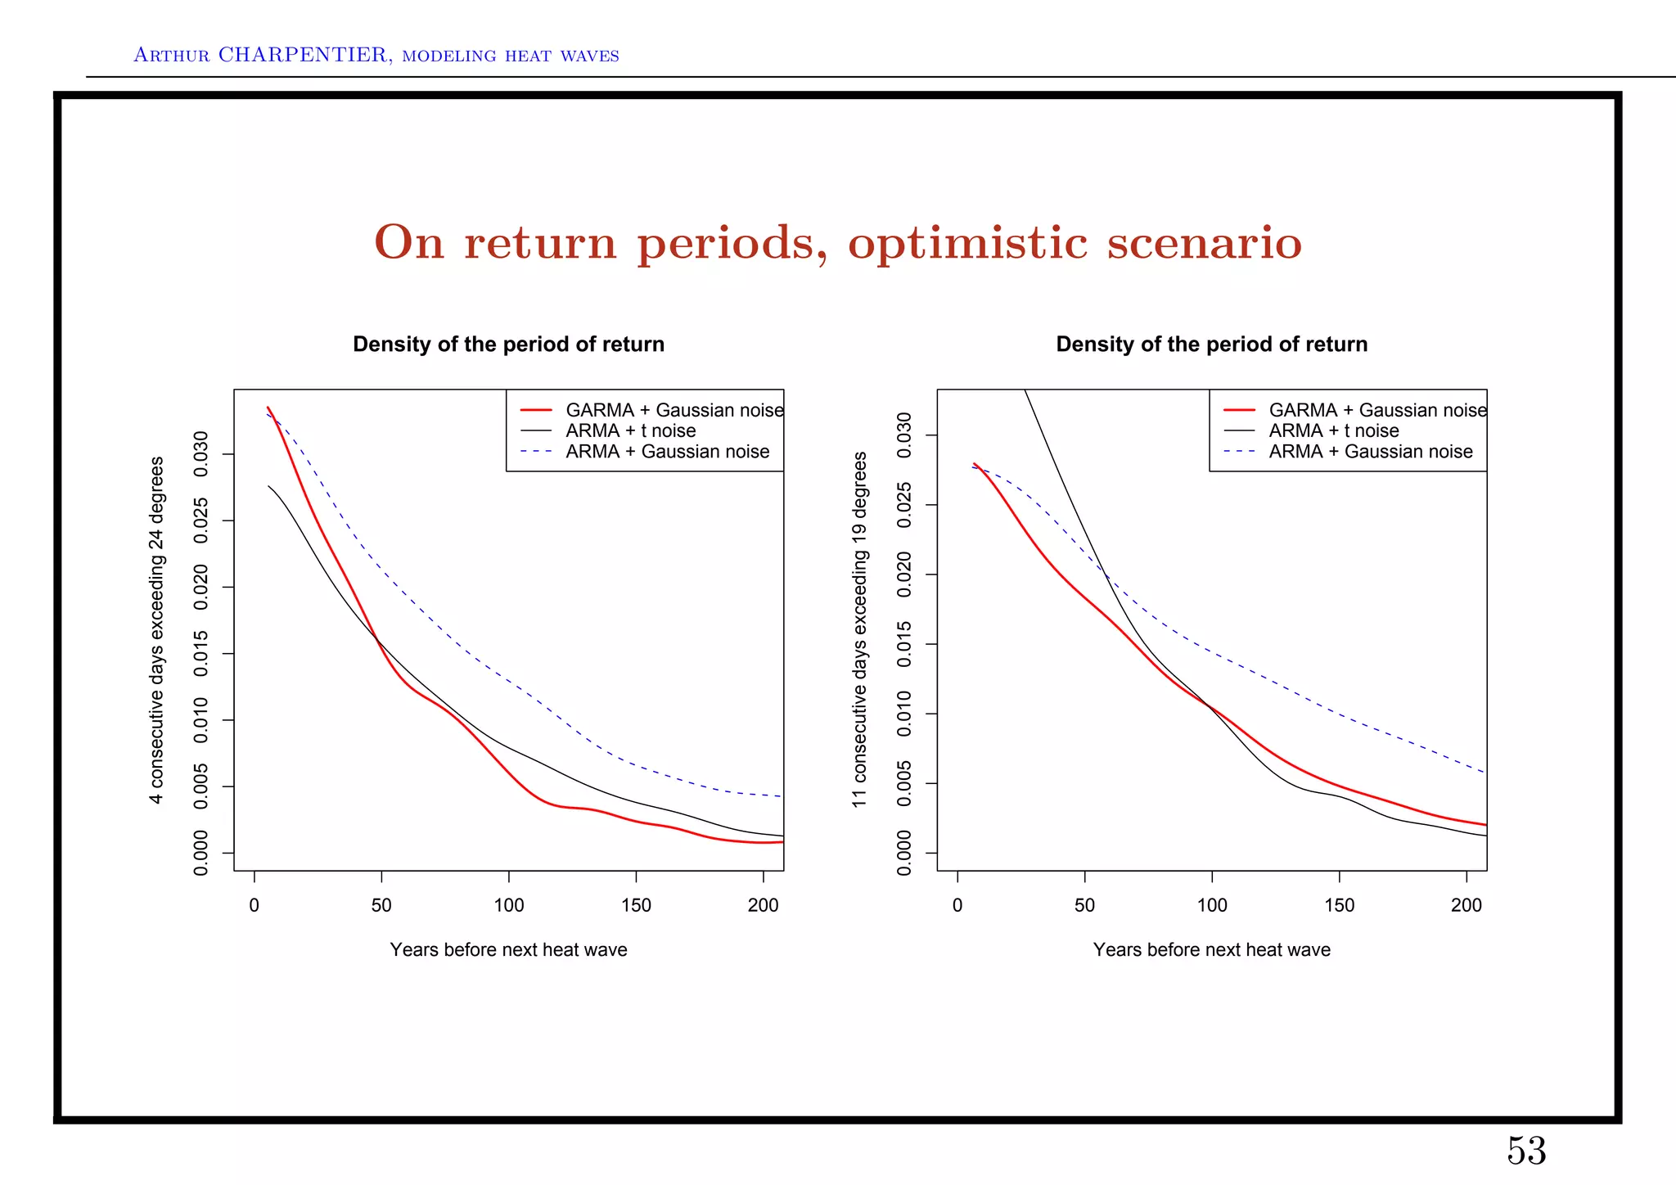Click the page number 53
point(1526,1151)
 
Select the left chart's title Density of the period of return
point(508,345)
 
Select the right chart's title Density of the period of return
point(1211,345)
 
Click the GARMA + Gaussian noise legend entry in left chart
point(674,410)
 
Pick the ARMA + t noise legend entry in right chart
point(1333,430)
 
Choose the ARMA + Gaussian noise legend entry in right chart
point(1370,452)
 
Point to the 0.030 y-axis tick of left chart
point(200,454)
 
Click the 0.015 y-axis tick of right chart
point(903,644)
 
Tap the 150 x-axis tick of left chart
point(636,906)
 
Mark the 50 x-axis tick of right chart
point(1084,906)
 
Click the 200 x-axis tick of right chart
point(1466,906)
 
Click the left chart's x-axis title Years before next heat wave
point(508,950)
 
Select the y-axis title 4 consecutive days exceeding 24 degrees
point(156,630)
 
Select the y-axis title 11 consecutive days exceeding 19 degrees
point(859,630)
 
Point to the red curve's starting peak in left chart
point(268,408)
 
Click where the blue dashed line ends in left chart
point(782,796)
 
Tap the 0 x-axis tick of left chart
point(255,906)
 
